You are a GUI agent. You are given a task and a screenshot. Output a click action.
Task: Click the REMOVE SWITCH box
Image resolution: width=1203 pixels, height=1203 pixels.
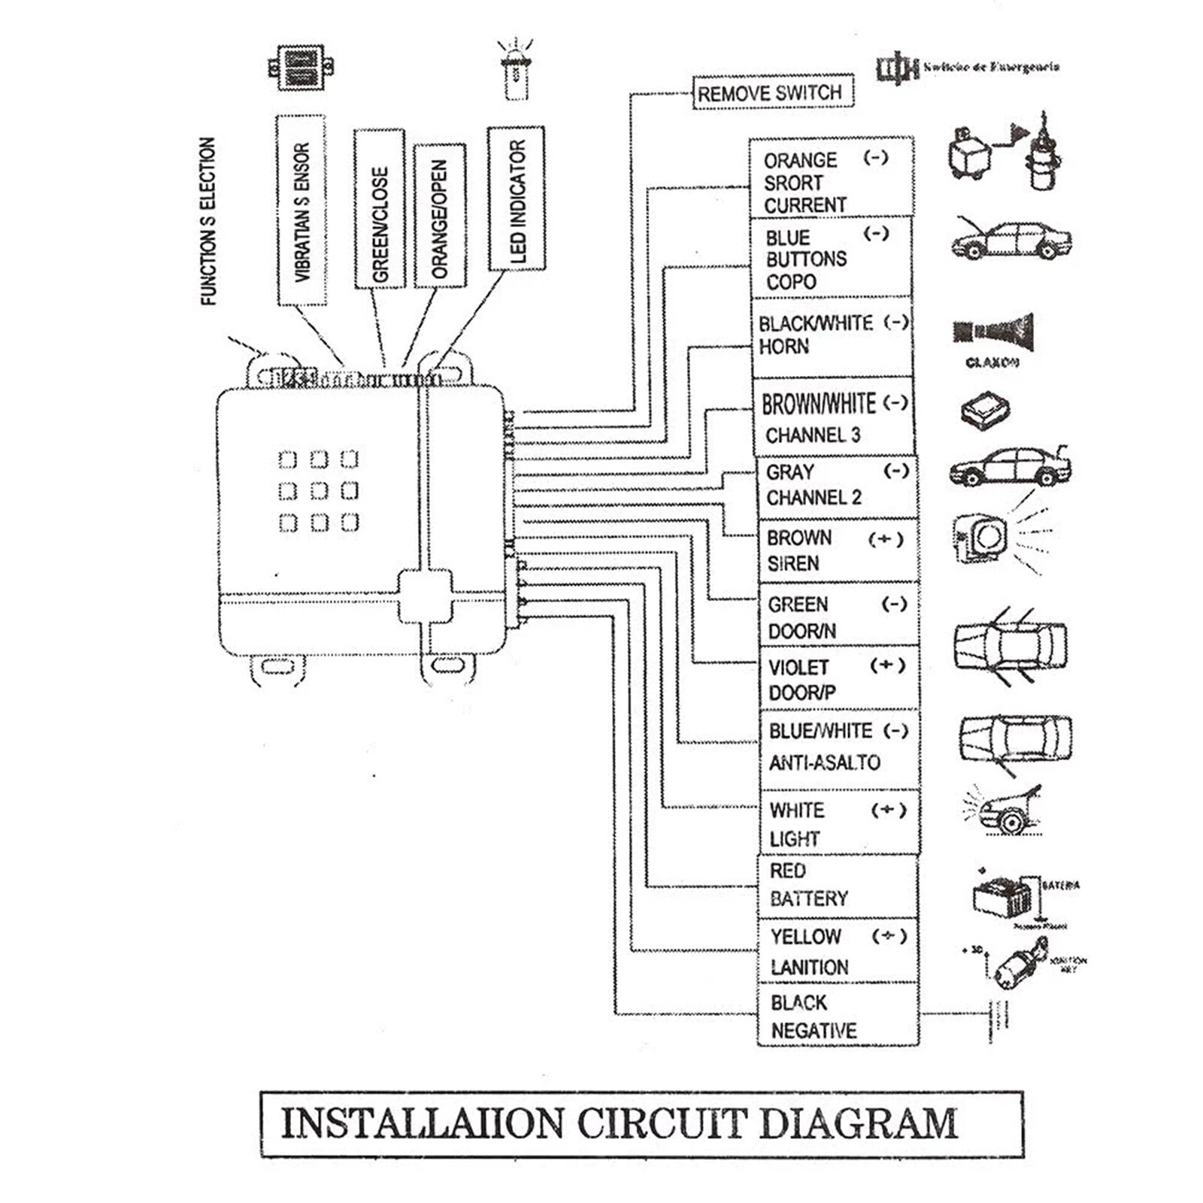pos(772,92)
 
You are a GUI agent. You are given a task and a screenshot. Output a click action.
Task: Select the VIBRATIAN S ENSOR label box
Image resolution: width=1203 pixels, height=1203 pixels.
pos(302,211)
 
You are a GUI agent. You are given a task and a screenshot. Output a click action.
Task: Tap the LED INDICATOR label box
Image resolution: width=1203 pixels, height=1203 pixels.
pos(517,199)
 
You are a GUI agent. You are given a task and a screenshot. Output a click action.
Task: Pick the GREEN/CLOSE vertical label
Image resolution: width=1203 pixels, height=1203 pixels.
pos(380,210)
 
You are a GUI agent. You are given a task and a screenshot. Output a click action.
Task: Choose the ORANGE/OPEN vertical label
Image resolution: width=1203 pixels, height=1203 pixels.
pos(439,216)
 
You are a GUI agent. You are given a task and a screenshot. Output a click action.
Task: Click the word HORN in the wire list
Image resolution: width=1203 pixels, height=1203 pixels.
pos(784,347)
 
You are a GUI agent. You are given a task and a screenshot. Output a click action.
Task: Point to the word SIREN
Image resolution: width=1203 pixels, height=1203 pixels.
pos(792,564)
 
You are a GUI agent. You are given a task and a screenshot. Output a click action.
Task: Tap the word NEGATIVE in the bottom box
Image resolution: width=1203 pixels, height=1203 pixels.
pos(814,1030)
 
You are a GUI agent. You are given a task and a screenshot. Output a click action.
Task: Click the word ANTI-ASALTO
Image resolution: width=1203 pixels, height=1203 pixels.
pos(824,762)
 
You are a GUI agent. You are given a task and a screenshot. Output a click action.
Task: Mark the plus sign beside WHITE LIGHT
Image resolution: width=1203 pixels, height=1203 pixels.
pos(888,811)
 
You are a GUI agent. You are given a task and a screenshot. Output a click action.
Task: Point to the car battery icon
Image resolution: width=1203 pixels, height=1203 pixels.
pos(1001,895)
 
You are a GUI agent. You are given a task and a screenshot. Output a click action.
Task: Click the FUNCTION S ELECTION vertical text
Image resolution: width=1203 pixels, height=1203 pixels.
pos(208,221)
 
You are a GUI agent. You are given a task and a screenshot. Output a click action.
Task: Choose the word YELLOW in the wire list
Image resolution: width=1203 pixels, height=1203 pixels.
pos(805,937)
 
